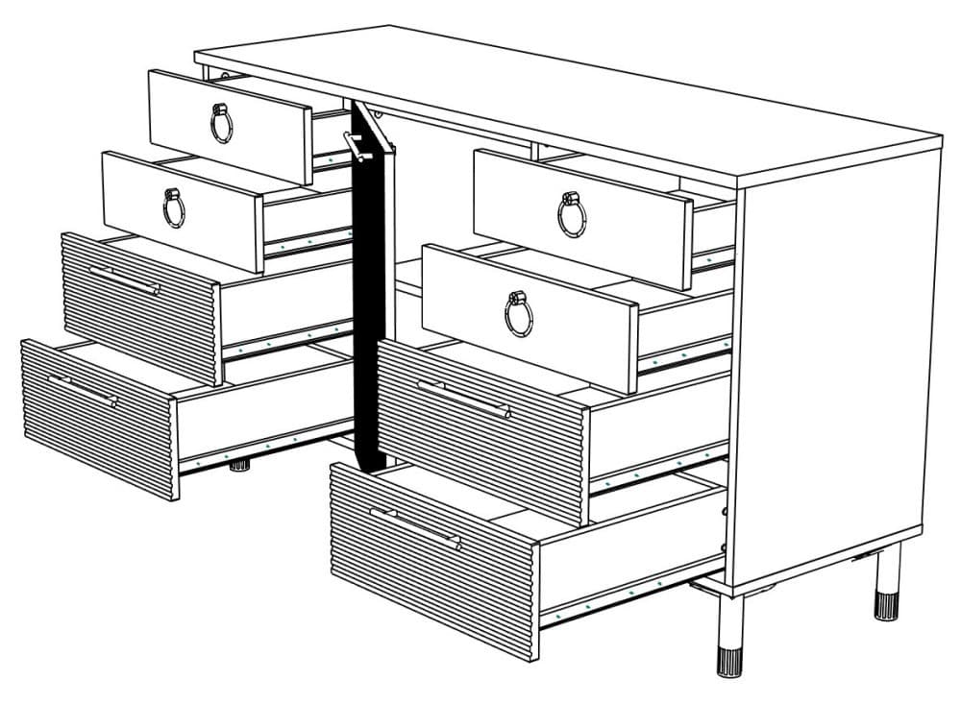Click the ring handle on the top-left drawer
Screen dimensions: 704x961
[x=222, y=122]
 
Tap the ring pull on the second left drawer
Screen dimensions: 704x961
[x=174, y=206]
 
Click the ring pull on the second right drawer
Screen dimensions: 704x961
[x=519, y=313]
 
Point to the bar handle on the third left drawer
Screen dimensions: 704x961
[x=125, y=279]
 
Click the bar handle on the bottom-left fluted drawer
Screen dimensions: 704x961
[x=84, y=390]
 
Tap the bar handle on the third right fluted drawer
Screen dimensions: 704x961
[x=463, y=398]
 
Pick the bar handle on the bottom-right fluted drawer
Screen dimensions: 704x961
[x=415, y=527]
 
